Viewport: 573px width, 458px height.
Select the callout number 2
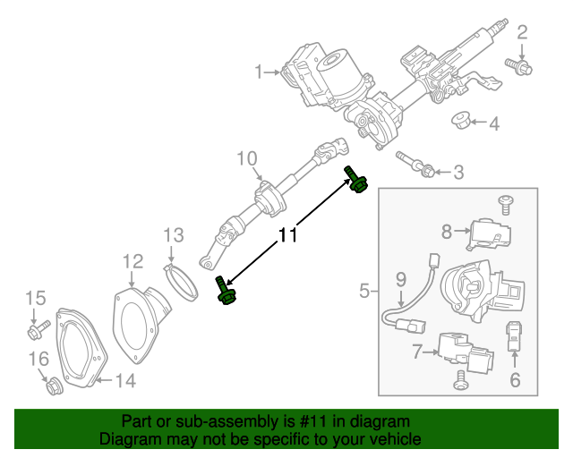coord(522,34)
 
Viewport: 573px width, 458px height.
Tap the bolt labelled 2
coord(518,64)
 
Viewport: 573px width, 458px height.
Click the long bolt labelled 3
coord(415,164)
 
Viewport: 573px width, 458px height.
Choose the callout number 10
coord(246,159)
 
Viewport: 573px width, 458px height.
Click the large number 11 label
coord(287,236)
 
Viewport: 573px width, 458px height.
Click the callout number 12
coord(133,261)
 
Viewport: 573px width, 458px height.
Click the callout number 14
coord(124,382)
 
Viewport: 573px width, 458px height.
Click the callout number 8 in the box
coord(446,233)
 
